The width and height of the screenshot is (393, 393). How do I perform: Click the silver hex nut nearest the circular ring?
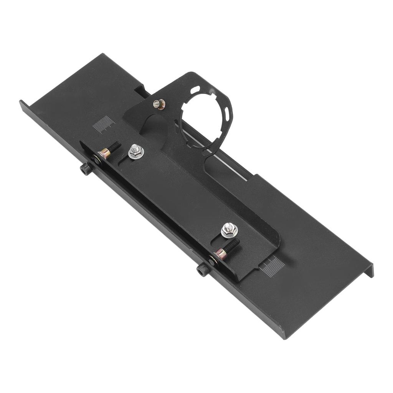pos(135,151)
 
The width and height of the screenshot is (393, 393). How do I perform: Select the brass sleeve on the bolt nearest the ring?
pos(105,154)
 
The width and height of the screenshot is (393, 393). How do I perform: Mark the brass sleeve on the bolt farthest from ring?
pos(220,253)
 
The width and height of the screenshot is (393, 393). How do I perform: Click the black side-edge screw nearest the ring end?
pos(85,168)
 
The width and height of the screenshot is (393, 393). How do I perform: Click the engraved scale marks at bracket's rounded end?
pos(274,264)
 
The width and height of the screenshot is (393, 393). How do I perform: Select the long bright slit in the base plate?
pos(215,154)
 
